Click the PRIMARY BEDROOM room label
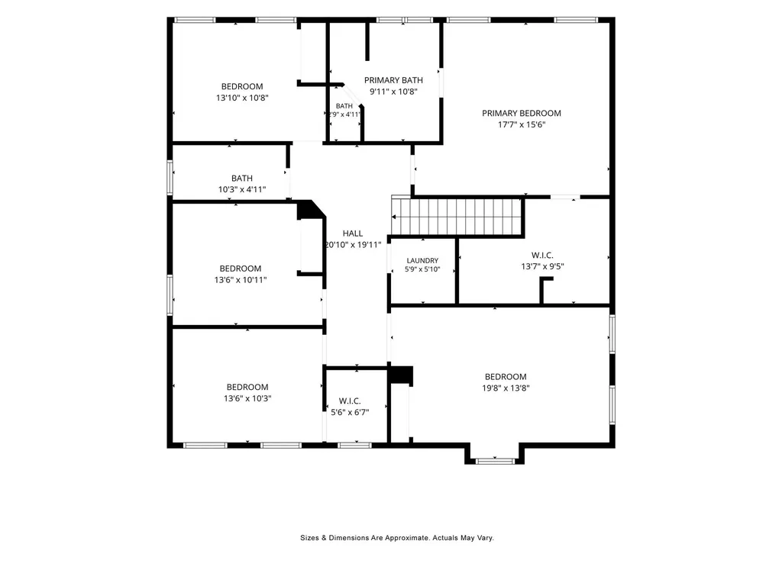click(x=521, y=113)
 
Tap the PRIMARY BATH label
click(x=393, y=80)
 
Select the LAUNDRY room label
click(x=422, y=261)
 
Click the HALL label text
click(x=353, y=233)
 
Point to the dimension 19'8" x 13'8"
click(x=506, y=388)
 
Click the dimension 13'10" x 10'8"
click(x=242, y=98)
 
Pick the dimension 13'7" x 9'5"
click(x=543, y=266)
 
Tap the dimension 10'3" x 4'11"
click(x=242, y=189)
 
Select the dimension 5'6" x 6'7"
click(x=350, y=412)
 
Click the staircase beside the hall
click(x=457, y=217)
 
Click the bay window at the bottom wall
click(x=494, y=461)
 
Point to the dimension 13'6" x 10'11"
click(x=241, y=280)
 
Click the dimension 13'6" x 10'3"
click(x=247, y=398)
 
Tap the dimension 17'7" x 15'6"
click(x=522, y=124)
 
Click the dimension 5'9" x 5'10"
click(x=422, y=269)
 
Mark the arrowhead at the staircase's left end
click(x=394, y=217)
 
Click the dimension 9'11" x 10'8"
click(x=393, y=92)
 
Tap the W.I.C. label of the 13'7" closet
click(x=543, y=255)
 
